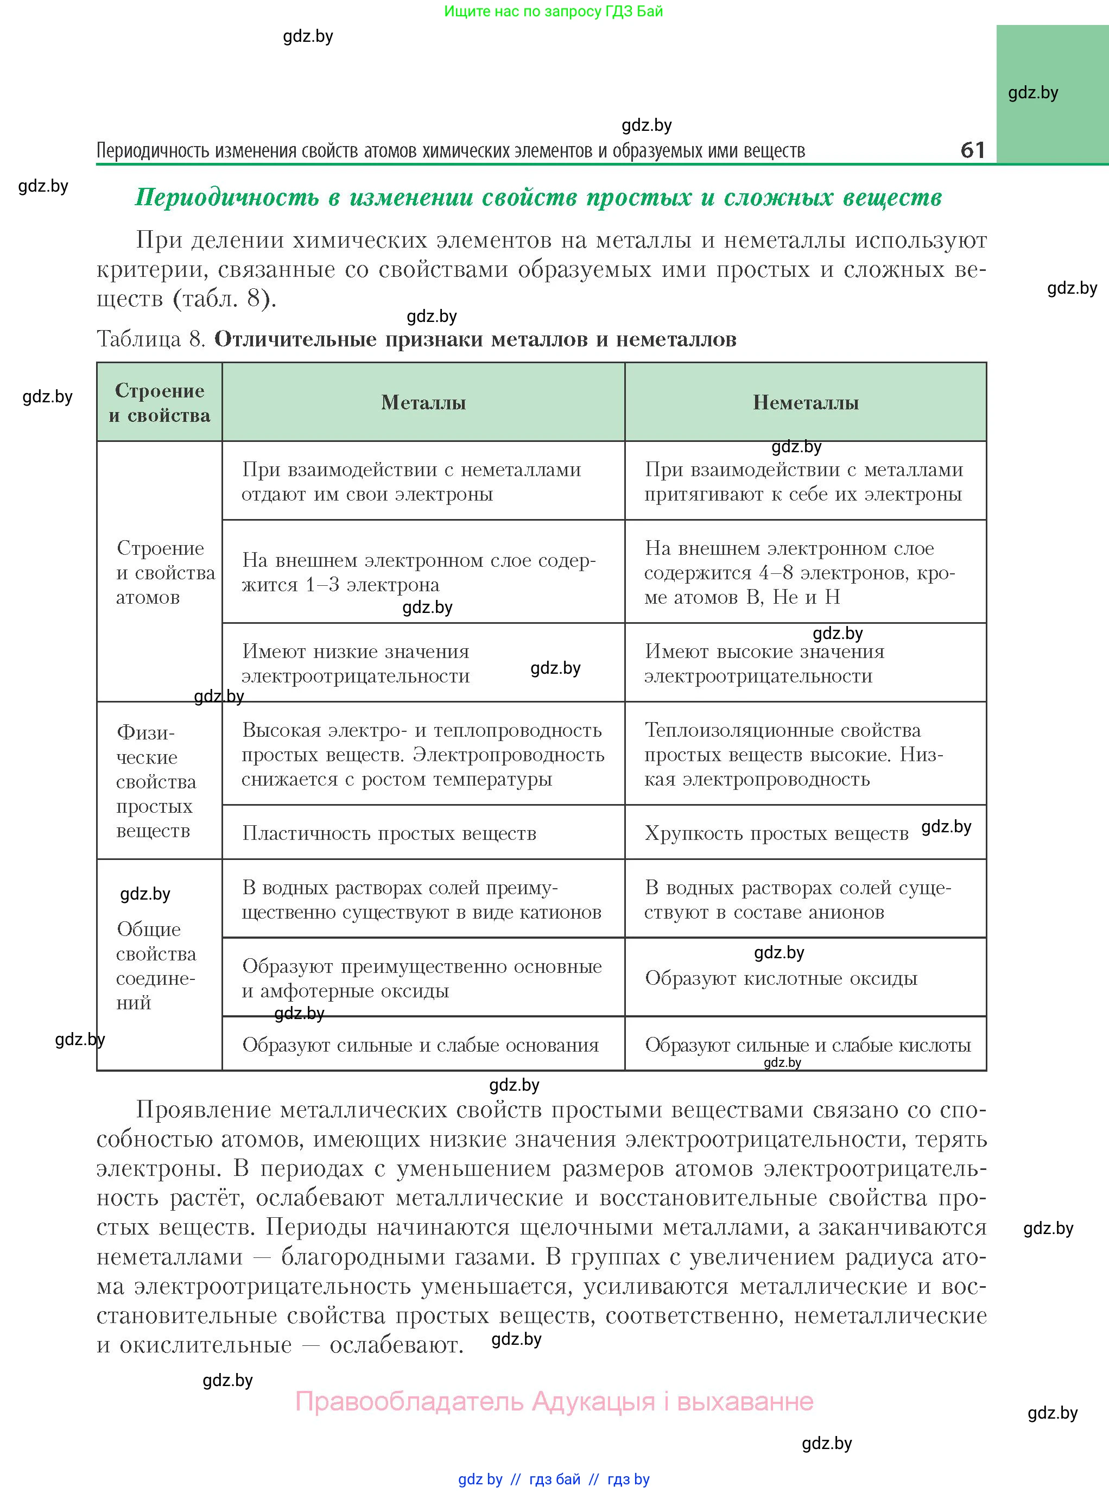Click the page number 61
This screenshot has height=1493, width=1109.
972,149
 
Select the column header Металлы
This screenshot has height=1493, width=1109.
423,402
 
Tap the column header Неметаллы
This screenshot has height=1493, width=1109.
806,402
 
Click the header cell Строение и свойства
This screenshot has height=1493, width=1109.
159,402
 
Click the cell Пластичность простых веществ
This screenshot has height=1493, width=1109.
389,833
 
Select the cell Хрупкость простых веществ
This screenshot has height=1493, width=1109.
776,833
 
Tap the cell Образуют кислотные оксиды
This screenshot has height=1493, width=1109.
781,978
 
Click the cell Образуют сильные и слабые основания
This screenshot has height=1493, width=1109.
420,1045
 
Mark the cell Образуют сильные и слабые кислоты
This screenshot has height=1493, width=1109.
808,1045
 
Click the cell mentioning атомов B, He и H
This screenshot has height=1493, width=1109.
799,572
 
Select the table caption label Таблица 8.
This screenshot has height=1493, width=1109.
150,339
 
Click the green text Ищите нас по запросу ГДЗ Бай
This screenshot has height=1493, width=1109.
553,11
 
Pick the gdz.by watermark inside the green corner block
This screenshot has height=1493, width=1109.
1032,93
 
